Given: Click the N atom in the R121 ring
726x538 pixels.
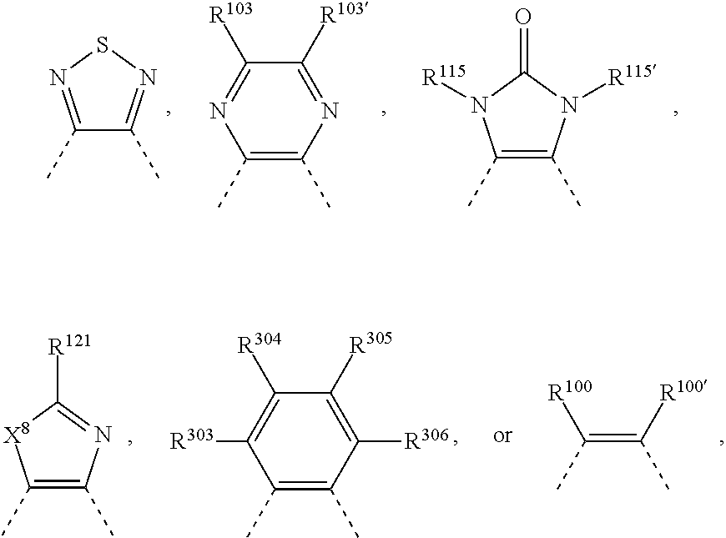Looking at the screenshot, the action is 104,435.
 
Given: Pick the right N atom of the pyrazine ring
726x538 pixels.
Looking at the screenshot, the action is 329,109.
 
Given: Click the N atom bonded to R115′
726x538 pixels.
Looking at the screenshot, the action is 570,104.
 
